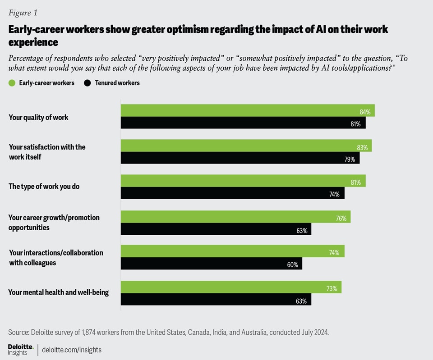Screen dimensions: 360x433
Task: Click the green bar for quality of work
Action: pyautogui.click(x=247, y=111)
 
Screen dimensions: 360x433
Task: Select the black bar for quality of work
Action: pyautogui.click(x=243, y=123)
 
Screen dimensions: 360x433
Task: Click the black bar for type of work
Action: pyautogui.click(x=232, y=193)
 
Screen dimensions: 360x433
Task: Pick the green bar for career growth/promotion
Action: pyautogui.click(x=235, y=217)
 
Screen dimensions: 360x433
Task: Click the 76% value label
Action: pyautogui.click(x=341, y=219)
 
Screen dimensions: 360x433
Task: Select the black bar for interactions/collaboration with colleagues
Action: pyautogui.click(x=211, y=264)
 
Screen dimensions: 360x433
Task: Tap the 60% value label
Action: pyautogui.click(x=292, y=265)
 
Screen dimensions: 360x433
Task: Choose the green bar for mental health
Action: pyautogui.click(x=230, y=287)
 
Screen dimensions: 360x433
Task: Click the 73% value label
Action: pyautogui.click(x=332, y=289)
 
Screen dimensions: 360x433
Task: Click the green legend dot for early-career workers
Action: pyautogui.click(x=12, y=83)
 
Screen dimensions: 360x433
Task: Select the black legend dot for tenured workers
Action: pyautogui.click(x=87, y=83)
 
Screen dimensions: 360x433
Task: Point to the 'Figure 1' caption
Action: pyautogui.click(x=23, y=13)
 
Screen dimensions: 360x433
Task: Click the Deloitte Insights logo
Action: pyautogui.click(x=21, y=350)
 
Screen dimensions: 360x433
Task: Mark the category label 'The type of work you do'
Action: pyautogui.click(x=44, y=186)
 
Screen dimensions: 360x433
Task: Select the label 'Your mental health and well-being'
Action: pyautogui.click(x=58, y=292)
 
